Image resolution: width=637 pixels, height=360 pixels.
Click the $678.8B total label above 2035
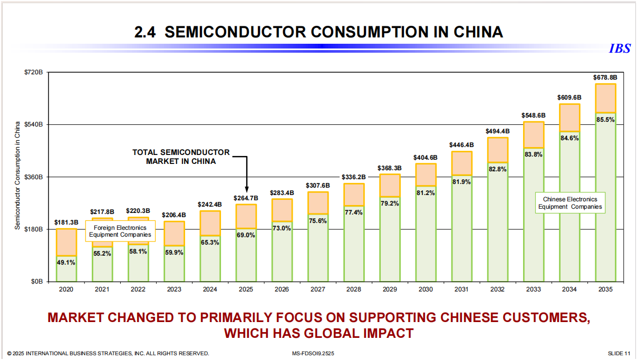click(x=605, y=77)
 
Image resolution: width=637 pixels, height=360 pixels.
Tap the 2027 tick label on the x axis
click(x=317, y=289)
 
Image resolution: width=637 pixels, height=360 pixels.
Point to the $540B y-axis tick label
click(x=34, y=124)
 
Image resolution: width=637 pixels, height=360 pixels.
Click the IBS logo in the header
click(x=620, y=48)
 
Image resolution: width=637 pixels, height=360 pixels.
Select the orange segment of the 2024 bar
click(x=210, y=222)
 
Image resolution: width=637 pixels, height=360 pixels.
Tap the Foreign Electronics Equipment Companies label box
click(x=120, y=231)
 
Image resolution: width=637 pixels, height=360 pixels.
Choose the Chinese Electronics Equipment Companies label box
click(x=570, y=203)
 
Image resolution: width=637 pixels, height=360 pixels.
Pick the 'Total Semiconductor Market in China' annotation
click(x=181, y=157)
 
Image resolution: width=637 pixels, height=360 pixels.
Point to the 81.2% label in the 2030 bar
click(x=426, y=193)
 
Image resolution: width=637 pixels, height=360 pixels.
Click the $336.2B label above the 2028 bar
click(x=353, y=177)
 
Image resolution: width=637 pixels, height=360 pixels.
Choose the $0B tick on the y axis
click(x=36, y=281)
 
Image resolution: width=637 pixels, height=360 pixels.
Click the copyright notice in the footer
click(x=108, y=353)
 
